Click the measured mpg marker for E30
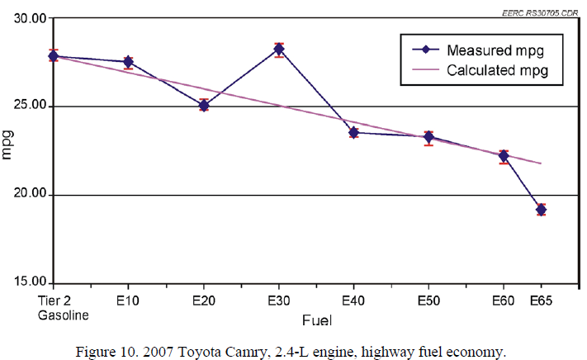tap(279, 50)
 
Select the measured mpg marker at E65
tap(541, 210)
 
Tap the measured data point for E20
tap(204, 106)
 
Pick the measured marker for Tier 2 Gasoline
tap(53, 56)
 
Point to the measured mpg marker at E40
tap(353, 132)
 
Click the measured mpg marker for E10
tap(128, 62)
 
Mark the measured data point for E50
tap(428, 137)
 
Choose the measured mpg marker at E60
tap(504, 156)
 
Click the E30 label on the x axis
tap(279, 301)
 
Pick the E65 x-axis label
tap(541, 301)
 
